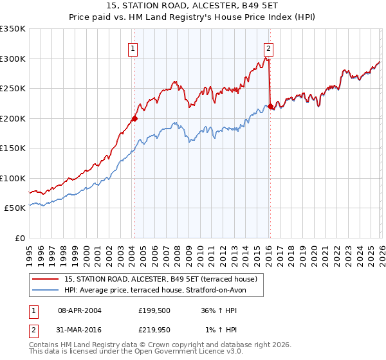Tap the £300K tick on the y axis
pos(13,59)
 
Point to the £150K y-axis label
pos(13,148)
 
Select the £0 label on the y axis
pos(19,238)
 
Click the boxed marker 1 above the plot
pos(133,47)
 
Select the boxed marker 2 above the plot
pos(268,47)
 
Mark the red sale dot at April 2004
pos(134,118)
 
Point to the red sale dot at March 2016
pos(270,106)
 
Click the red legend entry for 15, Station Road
pos(161,279)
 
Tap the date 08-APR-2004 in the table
pos(80,310)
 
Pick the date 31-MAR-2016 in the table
pos(80,330)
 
